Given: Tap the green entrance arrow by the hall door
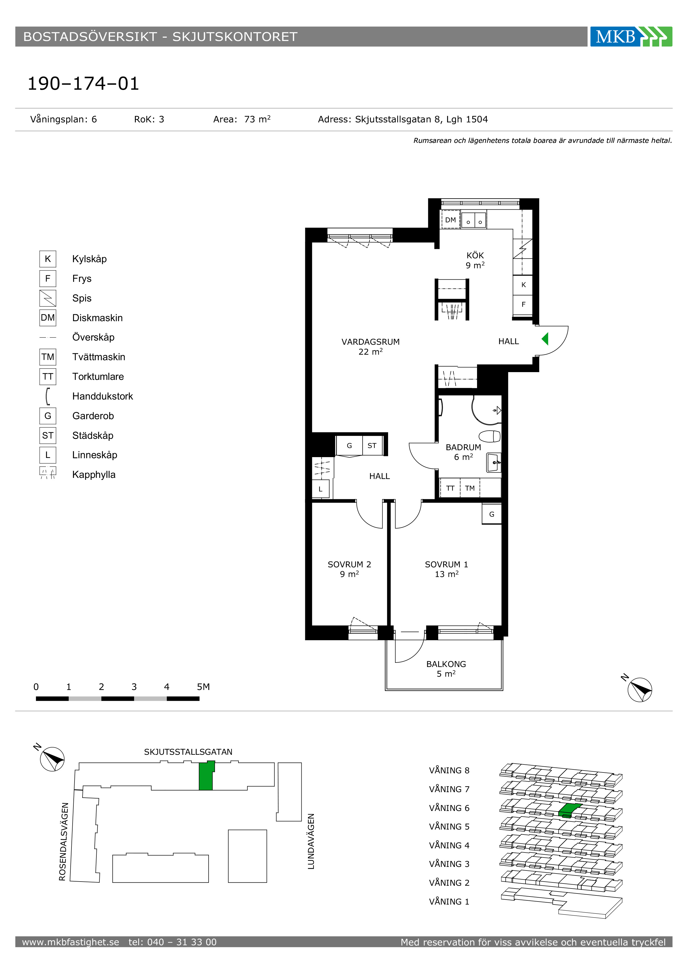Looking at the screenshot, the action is [x=545, y=339].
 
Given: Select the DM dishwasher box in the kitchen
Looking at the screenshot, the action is [x=450, y=220].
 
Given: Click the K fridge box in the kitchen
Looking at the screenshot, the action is [x=523, y=285].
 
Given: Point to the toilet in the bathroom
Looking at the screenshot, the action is [x=489, y=436].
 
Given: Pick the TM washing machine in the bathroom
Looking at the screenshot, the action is [x=470, y=488].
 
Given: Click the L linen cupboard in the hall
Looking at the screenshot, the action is [x=321, y=489].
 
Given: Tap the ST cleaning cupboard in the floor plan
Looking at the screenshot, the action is [x=372, y=445].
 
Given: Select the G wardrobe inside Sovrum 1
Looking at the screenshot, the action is [x=491, y=514].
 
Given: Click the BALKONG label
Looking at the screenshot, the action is [x=446, y=664].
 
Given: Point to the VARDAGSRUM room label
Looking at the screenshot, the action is [x=371, y=342].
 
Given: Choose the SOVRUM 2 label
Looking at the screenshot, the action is [x=349, y=564].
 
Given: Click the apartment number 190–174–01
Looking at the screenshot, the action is [x=83, y=83].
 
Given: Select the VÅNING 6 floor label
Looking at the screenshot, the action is [x=449, y=808].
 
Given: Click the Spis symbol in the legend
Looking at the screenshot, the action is [x=48, y=298].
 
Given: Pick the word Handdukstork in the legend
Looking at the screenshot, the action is [x=102, y=396].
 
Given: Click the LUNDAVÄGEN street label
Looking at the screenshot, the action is [x=311, y=842].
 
